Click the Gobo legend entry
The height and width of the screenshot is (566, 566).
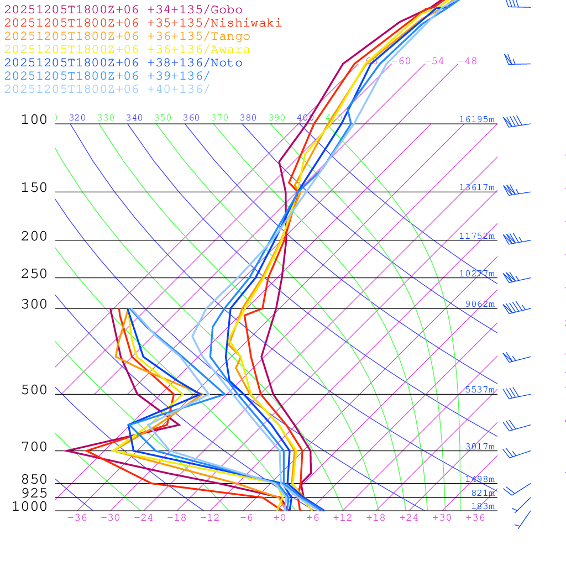123,9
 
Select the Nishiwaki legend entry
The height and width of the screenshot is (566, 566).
143,23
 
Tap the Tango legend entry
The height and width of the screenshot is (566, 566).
127,36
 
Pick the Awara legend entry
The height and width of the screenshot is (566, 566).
127,50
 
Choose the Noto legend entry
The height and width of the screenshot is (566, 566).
123,63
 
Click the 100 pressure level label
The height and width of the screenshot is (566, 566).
34,120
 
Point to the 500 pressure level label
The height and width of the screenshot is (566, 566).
34,390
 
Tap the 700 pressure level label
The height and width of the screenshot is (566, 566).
34,447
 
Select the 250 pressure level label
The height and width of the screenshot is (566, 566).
34,274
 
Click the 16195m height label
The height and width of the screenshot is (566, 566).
476,119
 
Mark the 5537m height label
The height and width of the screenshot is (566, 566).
479,390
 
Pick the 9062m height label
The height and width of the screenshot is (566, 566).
479,304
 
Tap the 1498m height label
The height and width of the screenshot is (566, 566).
479,479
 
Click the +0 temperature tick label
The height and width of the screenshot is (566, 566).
280,518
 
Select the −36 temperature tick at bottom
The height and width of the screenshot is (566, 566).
77,518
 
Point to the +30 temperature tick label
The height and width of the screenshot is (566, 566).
442,518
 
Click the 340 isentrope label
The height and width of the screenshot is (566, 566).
134,118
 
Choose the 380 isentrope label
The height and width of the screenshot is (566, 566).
248,118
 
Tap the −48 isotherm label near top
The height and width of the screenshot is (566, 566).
467,61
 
